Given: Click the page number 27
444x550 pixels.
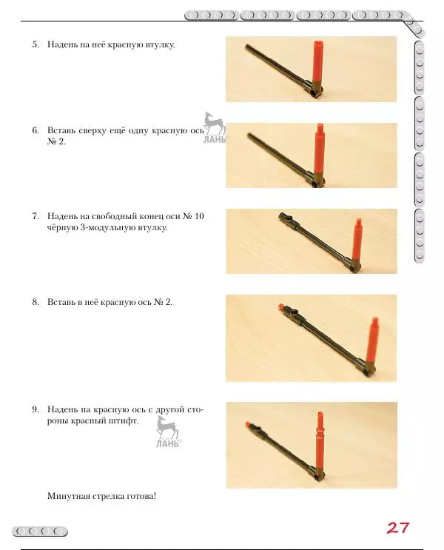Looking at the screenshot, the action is (x=398, y=528).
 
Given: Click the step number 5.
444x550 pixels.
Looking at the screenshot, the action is (x=36, y=44).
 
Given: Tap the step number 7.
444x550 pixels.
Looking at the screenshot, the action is (x=36, y=216).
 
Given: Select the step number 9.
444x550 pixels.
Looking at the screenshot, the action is (x=36, y=409).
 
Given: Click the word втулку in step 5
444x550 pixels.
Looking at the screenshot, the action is (x=160, y=45).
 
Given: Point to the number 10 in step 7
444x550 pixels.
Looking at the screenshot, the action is (x=199, y=216).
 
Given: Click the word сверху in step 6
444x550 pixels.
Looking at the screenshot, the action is (x=92, y=131).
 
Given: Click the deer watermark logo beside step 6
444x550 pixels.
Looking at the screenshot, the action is (x=215, y=127).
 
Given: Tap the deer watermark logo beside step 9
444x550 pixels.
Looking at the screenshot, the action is (x=167, y=432).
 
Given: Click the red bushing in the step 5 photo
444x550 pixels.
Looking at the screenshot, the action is (x=317, y=61).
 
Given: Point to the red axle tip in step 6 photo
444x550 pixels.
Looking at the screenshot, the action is (x=320, y=127).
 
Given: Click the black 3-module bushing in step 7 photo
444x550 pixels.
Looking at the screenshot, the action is (x=289, y=220).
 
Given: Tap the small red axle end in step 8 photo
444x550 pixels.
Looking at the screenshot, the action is (x=280, y=306).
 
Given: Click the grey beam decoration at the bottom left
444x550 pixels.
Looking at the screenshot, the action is (x=40, y=531).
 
